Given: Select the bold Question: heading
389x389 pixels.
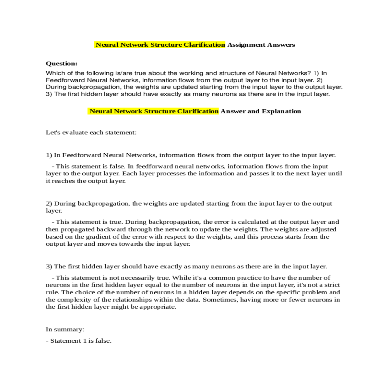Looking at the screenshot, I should pyautogui.click(x=62, y=64).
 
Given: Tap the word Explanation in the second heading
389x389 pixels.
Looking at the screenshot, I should pyautogui.click(x=281, y=111).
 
